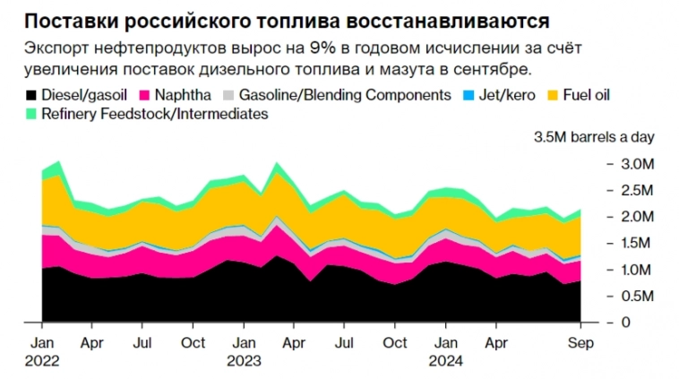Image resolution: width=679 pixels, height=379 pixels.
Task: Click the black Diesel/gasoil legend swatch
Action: point(32,94)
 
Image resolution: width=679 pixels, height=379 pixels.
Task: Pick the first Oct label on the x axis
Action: point(193,342)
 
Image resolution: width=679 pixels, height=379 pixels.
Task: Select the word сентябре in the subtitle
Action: point(489,68)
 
